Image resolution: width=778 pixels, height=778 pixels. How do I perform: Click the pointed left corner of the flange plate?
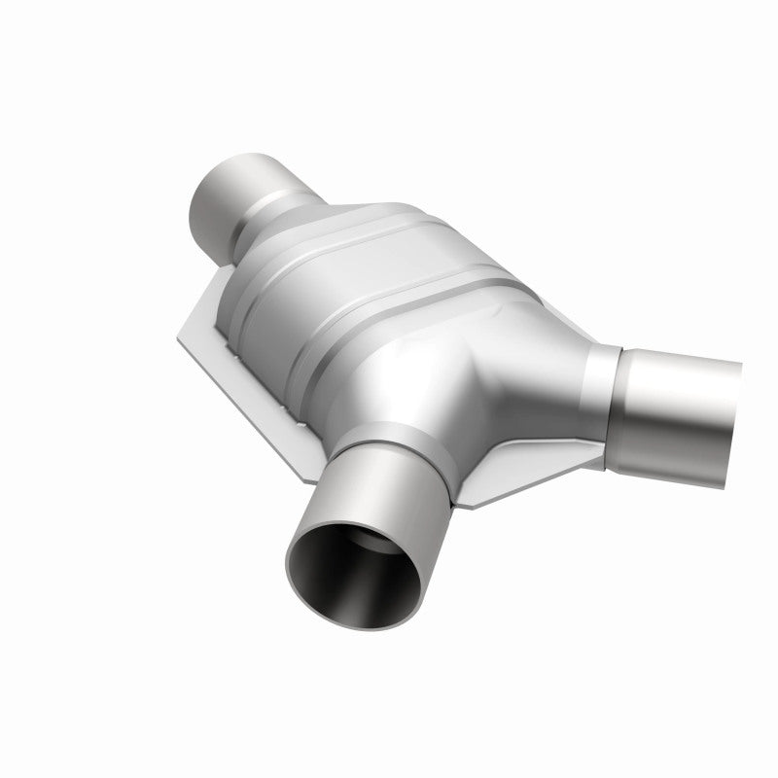click(181, 336)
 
